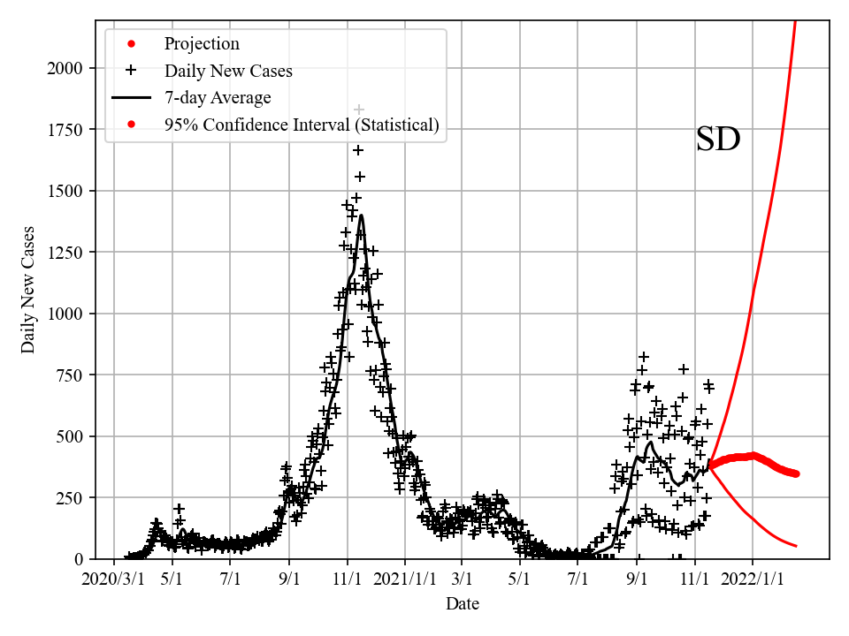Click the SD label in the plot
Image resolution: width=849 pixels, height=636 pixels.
[717, 140]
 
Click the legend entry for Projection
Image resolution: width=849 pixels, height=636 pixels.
[201, 43]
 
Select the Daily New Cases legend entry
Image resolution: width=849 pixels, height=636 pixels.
[227, 71]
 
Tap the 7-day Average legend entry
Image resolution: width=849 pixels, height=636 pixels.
[217, 97]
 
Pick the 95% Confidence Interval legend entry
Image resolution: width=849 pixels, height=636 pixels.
[301, 125]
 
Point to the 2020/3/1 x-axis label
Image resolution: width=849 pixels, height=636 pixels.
[114, 579]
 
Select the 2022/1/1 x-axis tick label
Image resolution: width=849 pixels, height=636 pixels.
[753, 579]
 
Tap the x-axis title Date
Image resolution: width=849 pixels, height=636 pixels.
[463, 604]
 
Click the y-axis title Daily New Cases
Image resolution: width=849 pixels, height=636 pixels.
[28, 290]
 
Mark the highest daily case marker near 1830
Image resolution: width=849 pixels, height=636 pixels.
[359, 110]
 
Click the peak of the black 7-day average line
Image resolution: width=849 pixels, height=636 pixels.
[361, 216]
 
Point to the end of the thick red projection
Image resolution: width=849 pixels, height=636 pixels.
[796, 473]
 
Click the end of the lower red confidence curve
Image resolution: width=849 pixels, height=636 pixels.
[796, 546]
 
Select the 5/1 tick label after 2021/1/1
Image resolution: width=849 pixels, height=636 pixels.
[520, 579]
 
